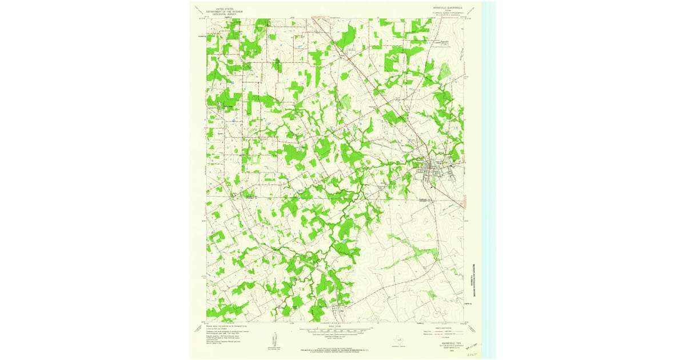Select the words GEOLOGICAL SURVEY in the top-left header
click(225, 14)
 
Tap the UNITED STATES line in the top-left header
click(225, 9)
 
